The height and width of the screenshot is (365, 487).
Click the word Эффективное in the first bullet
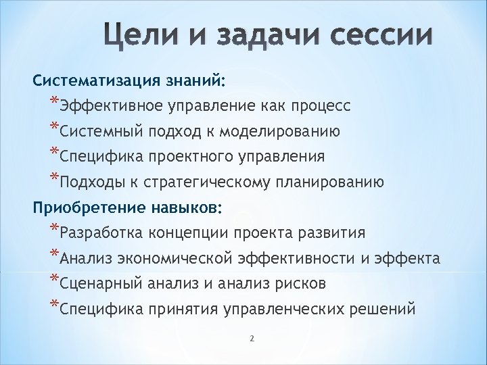click(x=105, y=106)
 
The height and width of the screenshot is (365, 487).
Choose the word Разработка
click(x=101, y=233)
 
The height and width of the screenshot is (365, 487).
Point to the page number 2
click(x=251, y=339)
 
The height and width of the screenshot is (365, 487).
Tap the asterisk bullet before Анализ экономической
click(x=54, y=255)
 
